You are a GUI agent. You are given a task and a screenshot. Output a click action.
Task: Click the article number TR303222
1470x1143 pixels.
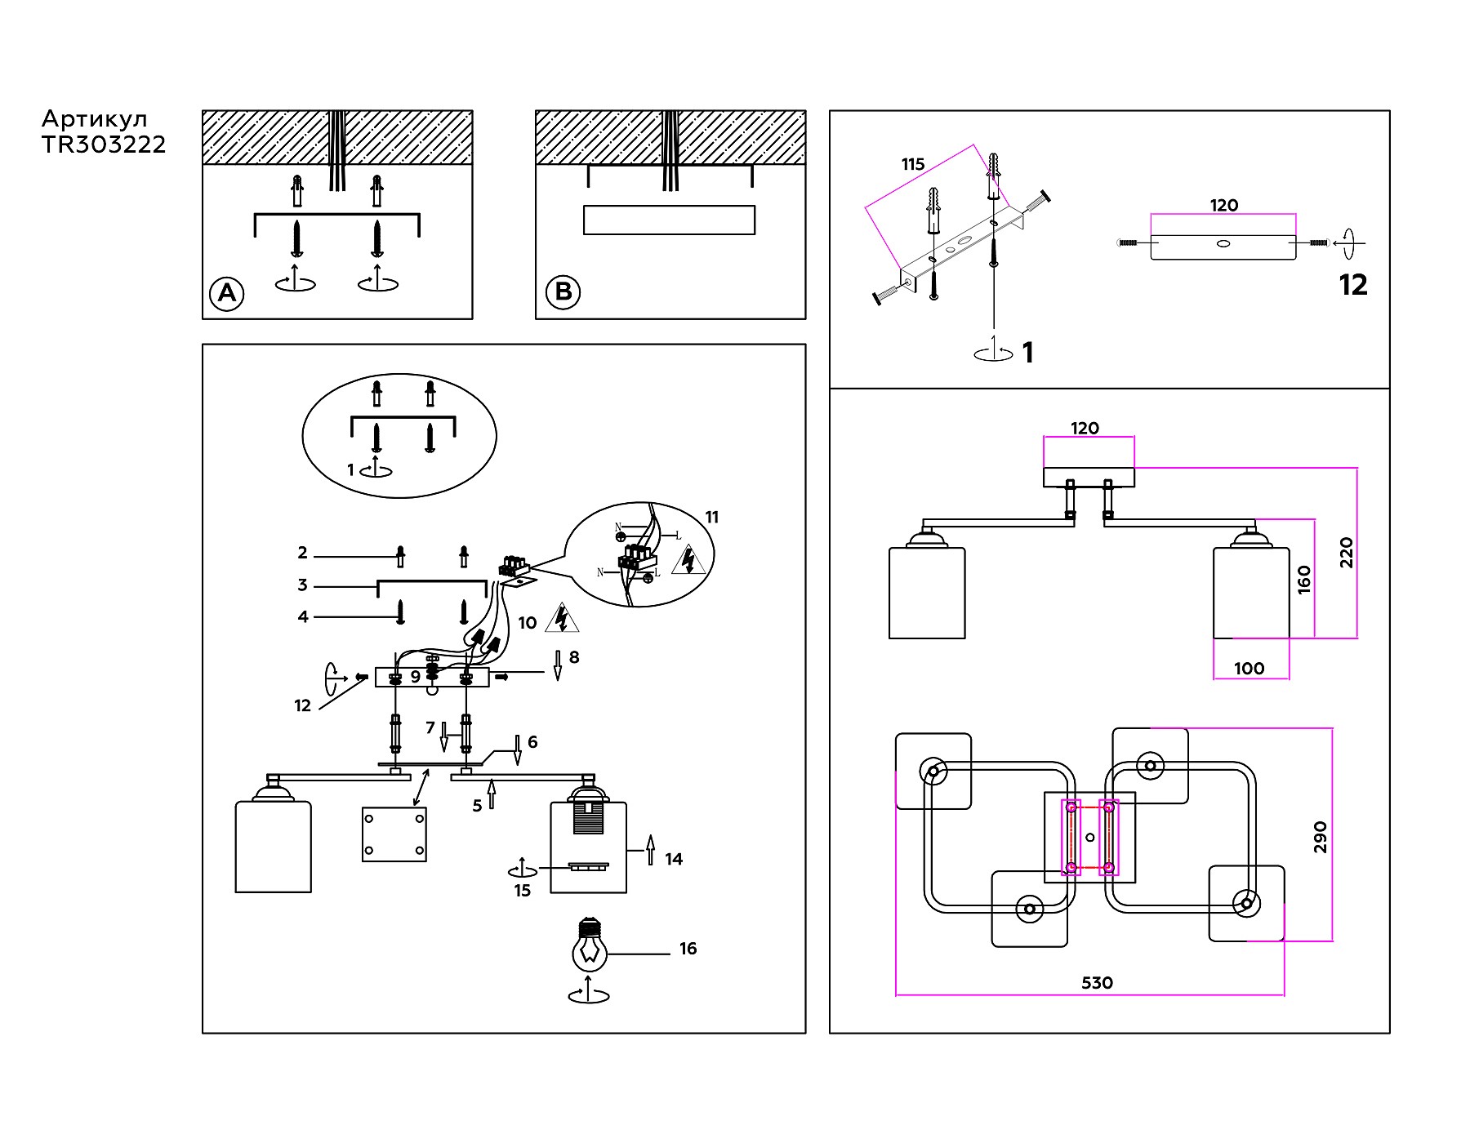[104, 145]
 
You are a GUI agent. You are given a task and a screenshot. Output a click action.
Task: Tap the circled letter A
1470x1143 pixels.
[227, 293]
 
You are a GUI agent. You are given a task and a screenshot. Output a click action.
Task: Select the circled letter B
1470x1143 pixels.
[563, 291]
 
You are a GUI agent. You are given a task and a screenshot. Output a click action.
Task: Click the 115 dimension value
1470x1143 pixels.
[913, 164]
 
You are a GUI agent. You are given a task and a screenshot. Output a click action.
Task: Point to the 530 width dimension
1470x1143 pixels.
[1097, 983]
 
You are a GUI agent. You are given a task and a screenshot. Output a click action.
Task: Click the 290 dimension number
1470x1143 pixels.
[1321, 837]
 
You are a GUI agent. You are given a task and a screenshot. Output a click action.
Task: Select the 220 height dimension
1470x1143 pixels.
[1346, 553]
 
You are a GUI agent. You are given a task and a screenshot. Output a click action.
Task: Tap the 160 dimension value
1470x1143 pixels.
[1304, 579]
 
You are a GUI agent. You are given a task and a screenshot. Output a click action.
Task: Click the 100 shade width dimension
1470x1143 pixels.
[1249, 669]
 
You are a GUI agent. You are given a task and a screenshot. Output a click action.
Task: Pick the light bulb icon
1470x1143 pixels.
[588, 947]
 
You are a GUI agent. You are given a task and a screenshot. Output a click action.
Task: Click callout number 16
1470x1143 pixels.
[688, 949]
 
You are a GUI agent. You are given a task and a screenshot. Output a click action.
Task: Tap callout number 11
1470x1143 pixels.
[711, 517]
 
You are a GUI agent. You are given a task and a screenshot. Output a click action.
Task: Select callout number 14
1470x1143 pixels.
[674, 859]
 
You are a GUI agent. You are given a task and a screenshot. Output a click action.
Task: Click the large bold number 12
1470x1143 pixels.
[1353, 285]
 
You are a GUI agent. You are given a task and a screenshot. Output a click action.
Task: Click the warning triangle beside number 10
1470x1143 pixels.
[562, 618]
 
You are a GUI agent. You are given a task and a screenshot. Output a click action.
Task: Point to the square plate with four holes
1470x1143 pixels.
[394, 834]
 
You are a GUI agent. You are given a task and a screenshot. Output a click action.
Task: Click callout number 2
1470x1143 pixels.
[302, 553]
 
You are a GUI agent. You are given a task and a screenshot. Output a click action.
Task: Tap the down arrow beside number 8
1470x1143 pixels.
[558, 666]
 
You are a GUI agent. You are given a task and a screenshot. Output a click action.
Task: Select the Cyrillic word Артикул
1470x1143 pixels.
[95, 119]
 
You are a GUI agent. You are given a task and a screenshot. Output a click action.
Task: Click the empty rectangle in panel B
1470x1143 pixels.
[669, 220]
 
